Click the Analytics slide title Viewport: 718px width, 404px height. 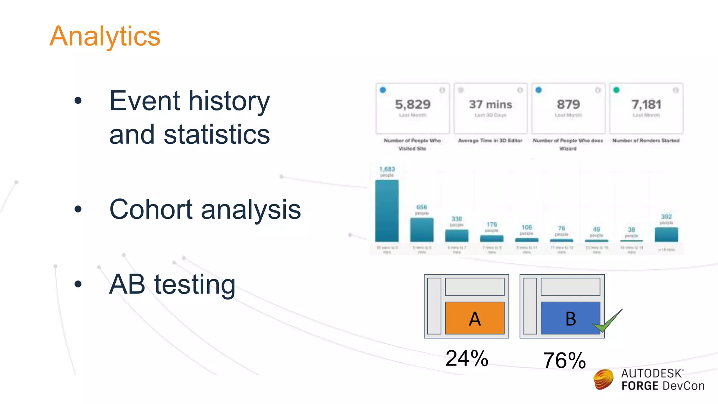pos(104,36)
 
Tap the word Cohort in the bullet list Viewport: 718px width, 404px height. pos(151,209)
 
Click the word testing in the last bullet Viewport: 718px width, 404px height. pos(195,284)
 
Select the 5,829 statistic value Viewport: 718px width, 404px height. pos(413,105)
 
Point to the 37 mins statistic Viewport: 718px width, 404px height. pos(490,105)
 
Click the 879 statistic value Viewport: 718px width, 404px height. pos(568,105)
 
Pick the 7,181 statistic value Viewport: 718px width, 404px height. pos(646,105)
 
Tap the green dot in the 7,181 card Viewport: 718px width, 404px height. pos(616,90)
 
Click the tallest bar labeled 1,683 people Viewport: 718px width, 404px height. pos(387,210)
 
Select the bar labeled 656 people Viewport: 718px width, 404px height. pos(422,230)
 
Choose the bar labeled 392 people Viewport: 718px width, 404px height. pos(666,235)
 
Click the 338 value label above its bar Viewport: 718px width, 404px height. pos(456,219)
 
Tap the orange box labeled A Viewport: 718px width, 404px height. pos(475,318)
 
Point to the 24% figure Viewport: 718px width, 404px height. pos(467,358)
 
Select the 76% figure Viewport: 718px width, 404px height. pos(564,361)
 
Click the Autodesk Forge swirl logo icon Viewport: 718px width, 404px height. pos(603,379)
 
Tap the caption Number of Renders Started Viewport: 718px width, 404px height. pos(646,141)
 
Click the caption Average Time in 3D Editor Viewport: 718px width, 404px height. pos(490,141)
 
